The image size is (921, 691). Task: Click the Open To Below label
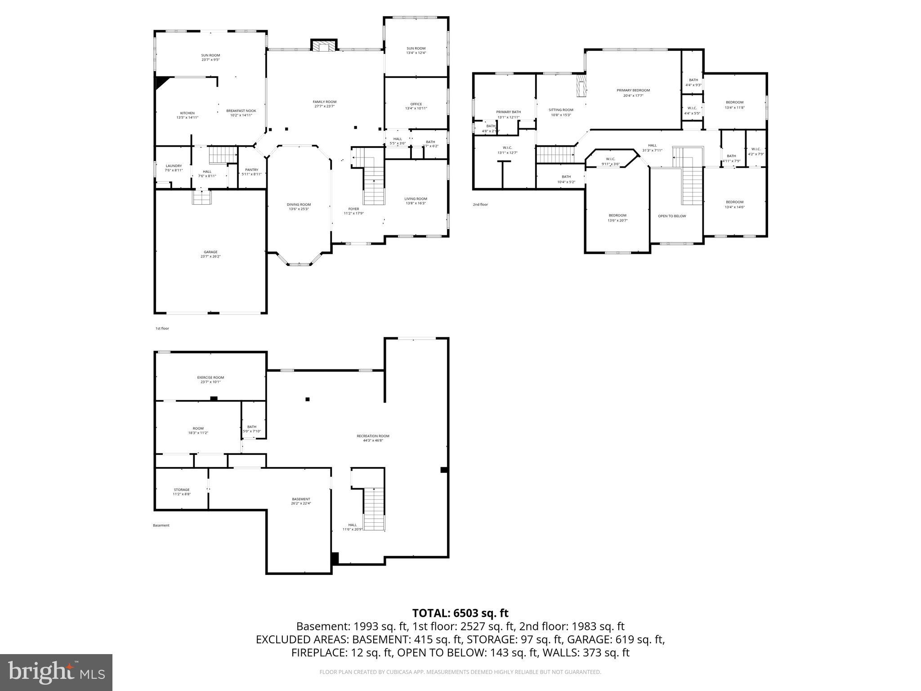click(672, 216)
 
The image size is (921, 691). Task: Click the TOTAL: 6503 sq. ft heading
click(460, 613)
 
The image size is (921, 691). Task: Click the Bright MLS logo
click(56, 673)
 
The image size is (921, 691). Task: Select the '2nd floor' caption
click(480, 205)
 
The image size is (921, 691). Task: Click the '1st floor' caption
click(162, 328)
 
